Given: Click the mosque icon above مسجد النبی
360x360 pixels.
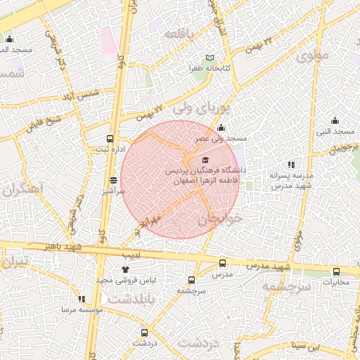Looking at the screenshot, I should tap(335, 120).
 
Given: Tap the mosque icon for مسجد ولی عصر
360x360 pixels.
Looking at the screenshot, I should tap(221, 127).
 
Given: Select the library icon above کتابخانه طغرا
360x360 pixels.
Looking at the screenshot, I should tap(209, 58).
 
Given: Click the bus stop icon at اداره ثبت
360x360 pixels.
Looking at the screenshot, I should tap(109, 139).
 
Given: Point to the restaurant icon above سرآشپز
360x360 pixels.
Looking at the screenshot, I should tap(113, 180).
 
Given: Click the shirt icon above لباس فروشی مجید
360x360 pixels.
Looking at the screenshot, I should tap(126, 269).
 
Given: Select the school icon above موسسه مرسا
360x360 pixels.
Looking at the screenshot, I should tap(82, 298).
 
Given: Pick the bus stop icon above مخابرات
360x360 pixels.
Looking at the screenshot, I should tap(336, 271).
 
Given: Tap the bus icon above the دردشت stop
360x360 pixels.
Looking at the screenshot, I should tap(144, 333).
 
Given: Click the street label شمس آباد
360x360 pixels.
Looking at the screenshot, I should tap(82, 94).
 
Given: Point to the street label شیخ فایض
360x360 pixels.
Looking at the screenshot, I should tap(44, 123).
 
